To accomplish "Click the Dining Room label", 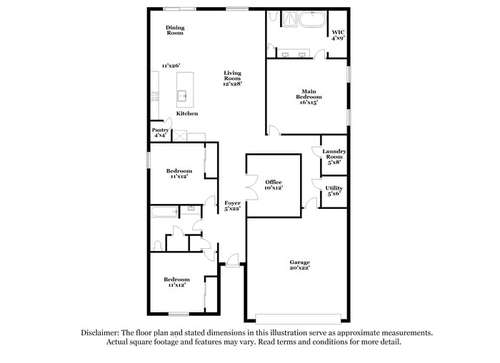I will tap(175, 31).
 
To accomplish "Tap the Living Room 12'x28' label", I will tap(232, 78).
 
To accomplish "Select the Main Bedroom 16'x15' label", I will tap(308, 96).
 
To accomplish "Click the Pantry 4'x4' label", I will tap(161, 133).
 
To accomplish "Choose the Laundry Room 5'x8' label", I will tap(334, 156).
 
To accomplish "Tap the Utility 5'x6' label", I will tap(334, 191).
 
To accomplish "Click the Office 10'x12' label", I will tap(274, 185).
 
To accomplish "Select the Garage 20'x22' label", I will tap(299, 265).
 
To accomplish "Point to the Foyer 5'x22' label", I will tap(233, 206).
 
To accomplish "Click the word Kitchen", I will tap(187, 113).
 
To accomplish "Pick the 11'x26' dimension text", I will tap(170, 66).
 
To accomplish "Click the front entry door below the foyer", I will tap(232, 261).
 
